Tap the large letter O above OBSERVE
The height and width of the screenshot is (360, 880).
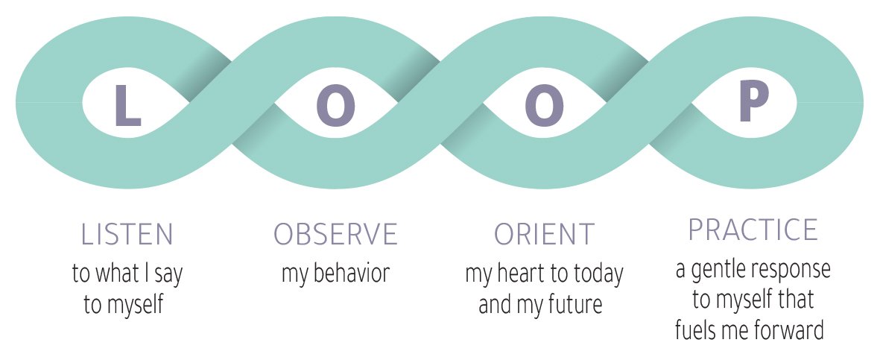pyautogui.click(x=336, y=106)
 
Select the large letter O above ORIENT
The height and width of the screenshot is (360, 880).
pyautogui.click(x=545, y=106)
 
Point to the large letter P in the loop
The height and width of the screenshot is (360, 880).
pyautogui.click(x=753, y=103)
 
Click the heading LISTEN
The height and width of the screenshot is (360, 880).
pyautogui.click(x=127, y=234)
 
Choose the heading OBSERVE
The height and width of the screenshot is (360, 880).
pyautogui.click(x=335, y=234)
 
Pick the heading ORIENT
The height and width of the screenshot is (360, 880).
pyautogui.click(x=545, y=234)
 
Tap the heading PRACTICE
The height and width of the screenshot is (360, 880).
pyautogui.click(x=753, y=230)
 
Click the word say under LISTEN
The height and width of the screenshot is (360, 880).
pyautogui.click(x=168, y=275)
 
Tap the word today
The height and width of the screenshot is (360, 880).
pyautogui.click(x=596, y=273)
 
